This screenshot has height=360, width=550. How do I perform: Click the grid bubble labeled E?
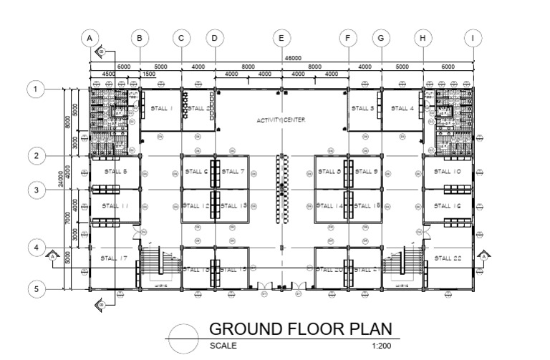pos(281,38)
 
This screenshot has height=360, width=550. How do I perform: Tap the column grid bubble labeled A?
pos(90,38)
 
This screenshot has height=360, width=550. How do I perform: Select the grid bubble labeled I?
pos(472,38)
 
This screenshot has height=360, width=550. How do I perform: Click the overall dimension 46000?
pos(292,58)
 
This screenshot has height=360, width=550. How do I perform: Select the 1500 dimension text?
pos(149,74)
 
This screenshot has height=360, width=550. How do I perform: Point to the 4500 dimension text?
pos(108,74)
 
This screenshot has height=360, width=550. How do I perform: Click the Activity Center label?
pos(281,120)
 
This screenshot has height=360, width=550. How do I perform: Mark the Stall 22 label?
pos(448,258)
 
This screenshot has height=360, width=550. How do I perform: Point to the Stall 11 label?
pos(115,205)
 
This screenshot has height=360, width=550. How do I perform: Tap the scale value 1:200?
pos(382,345)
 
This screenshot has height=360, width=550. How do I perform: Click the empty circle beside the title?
pos(183,337)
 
